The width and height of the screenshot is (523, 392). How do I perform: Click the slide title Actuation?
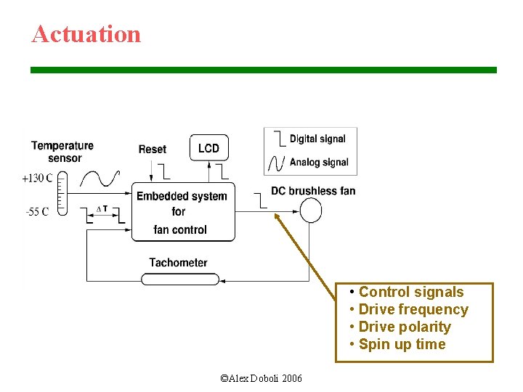coord(86,34)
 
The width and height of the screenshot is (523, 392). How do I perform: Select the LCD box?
coord(208,148)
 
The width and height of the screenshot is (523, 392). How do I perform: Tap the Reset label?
coord(153,150)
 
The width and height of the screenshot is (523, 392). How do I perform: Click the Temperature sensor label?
coord(63,152)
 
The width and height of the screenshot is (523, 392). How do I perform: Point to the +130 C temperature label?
coord(36,178)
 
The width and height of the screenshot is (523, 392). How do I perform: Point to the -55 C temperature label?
coord(36,212)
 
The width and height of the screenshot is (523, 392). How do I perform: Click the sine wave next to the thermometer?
coord(100,179)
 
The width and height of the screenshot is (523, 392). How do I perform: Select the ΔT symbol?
coord(102,209)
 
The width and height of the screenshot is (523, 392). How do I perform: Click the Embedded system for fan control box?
coord(182,212)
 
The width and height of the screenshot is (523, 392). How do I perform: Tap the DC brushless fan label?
coord(313,191)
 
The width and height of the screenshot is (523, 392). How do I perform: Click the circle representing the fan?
coord(310,211)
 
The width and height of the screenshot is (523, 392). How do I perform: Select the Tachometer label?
coord(178,263)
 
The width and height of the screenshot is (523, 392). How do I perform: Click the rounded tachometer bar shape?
coord(179,279)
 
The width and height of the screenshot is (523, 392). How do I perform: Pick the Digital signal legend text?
coord(317,139)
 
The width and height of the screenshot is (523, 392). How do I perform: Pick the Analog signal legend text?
coord(319,162)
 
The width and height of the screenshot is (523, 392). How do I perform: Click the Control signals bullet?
coord(410,292)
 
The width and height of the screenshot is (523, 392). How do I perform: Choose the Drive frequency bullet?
coord(413,309)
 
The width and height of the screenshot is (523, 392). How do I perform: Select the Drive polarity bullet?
coord(404,327)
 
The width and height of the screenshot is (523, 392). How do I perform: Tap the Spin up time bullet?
coord(402,344)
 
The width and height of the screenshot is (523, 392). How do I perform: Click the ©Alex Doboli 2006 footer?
coord(261,378)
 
